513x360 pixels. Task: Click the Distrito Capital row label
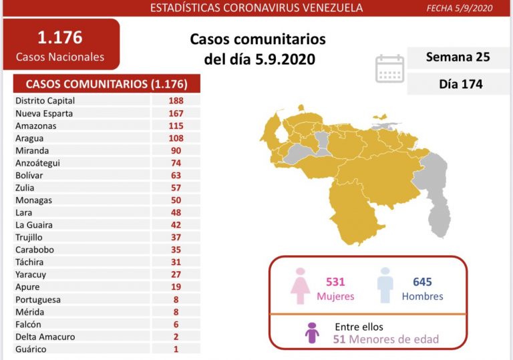pyautogui.click(x=45, y=101)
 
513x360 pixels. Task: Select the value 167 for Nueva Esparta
pyautogui.click(x=176, y=114)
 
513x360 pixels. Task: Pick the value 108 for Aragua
pyautogui.click(x=176, y=138)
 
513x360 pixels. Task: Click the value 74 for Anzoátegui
pyautogui.click(x=176, y=163)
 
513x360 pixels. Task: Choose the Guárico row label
pyautogui.click(x=31, y=349)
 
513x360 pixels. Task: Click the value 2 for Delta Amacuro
pyautogui.click(x=176, y=337)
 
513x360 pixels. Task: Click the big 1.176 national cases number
pyautogui.click(x=60, y=37)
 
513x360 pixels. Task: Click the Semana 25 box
pyautogui.click(x=458, y=57)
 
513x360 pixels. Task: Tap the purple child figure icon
pyautogui.click(x=312, y=332)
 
